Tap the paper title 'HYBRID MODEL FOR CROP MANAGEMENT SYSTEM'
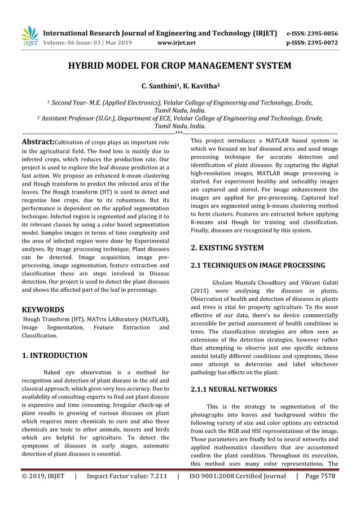(x=179, y=66)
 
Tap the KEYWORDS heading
(x=42, y=310)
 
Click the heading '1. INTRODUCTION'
(x=54, y=356)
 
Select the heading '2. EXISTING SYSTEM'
(x=227, y=248)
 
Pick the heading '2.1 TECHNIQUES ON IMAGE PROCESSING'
(x=258, y=265)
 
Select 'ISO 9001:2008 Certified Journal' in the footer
(x=236, y=476)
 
